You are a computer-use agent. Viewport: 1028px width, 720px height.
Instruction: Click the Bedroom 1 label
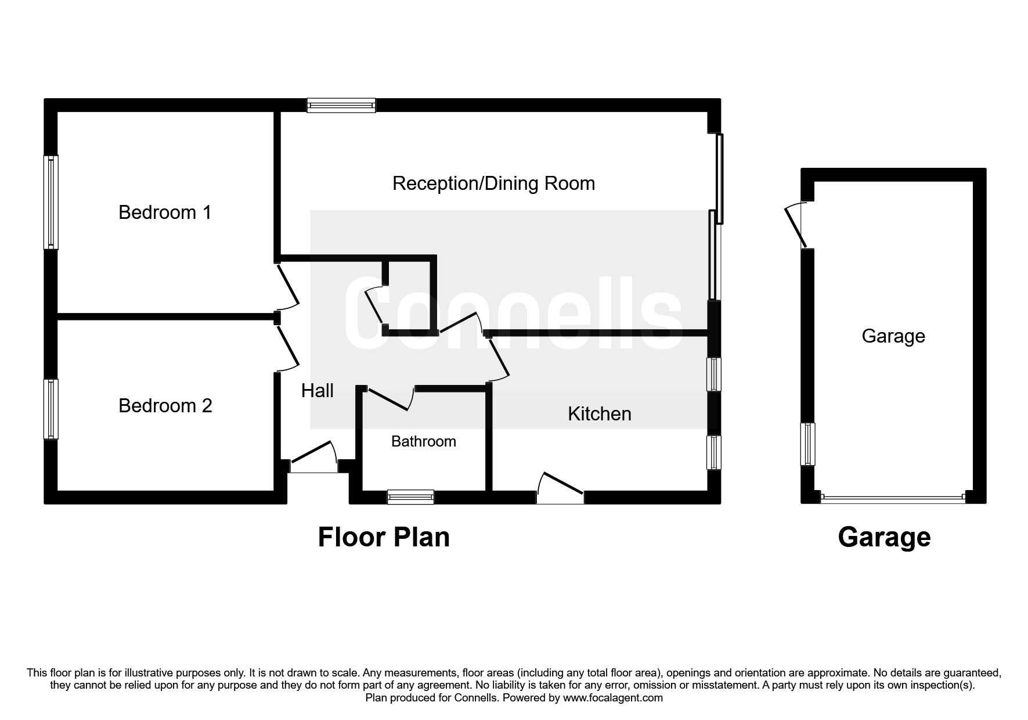tap(165, 213)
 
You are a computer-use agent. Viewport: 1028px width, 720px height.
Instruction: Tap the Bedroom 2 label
tap(165, 406)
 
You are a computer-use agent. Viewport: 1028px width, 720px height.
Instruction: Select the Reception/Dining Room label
tap(493, 183)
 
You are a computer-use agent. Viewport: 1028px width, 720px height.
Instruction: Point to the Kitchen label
tap(599, 414)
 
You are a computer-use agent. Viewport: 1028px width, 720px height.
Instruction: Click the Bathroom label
tap(423, 442)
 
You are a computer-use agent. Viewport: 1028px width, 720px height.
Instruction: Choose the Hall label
tap(317, 391)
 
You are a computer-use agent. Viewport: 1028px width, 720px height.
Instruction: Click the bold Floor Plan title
tap(384, 537)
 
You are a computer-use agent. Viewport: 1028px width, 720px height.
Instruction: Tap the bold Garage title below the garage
tap(883, 537)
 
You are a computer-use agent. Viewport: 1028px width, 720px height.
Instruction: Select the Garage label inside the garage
tap(893, 336)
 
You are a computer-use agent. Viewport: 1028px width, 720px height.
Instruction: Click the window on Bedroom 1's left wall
tap(52, 202)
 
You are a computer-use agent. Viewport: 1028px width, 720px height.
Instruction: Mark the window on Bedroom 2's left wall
tap(52, 409)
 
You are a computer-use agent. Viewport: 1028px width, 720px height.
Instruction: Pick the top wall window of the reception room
tap(342, 105)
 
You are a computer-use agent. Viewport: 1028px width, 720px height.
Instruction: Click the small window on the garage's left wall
tap(807, 444)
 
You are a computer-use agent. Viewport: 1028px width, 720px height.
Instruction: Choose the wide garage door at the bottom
tap(893, 498)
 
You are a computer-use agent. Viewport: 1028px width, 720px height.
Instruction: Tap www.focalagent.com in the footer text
tap(612, 698)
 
